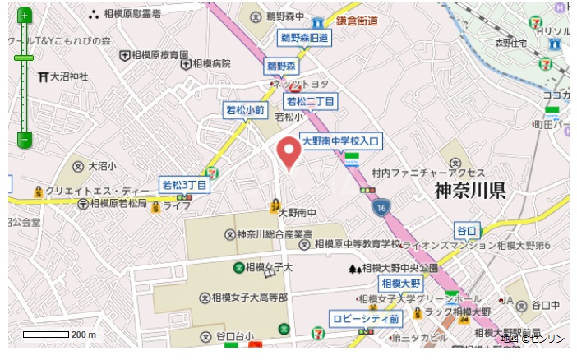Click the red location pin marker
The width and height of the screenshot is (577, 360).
288,153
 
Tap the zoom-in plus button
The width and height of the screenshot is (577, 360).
25,16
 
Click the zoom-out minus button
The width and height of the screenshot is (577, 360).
25,141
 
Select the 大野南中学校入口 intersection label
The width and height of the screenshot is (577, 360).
339,141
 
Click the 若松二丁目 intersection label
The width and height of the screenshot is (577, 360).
310,101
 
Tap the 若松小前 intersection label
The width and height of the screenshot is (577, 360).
246,110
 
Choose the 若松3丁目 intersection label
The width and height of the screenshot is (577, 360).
184,184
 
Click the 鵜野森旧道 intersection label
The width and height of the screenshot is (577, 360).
304,37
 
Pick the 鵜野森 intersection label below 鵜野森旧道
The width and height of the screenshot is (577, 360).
280,65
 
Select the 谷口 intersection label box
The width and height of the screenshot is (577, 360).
466,230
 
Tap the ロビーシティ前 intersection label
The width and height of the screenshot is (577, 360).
366,318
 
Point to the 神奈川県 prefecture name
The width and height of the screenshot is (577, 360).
470,192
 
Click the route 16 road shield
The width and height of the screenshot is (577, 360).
380,209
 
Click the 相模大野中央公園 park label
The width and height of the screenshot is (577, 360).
399,268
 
